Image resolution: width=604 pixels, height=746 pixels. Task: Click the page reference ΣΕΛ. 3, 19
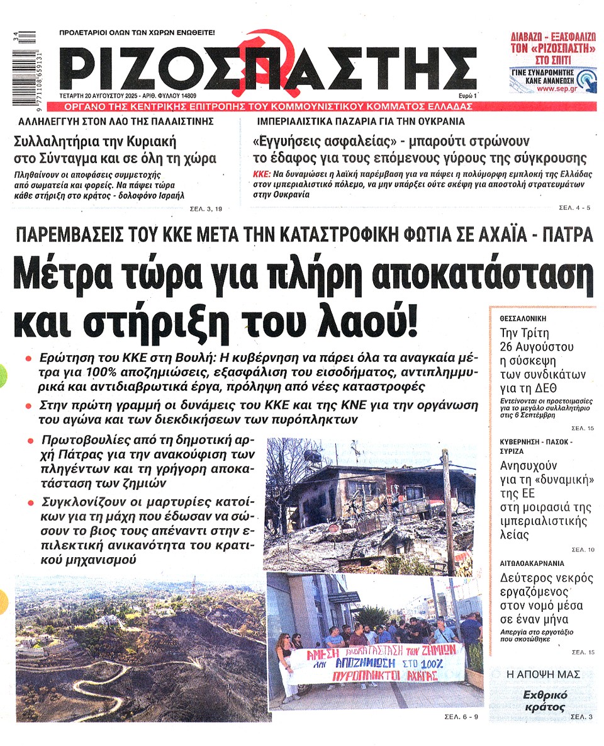pos(206,208)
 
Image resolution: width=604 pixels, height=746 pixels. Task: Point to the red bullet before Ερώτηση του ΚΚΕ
pos(28,358)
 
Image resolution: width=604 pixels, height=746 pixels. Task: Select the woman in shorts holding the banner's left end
pos(286,667)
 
